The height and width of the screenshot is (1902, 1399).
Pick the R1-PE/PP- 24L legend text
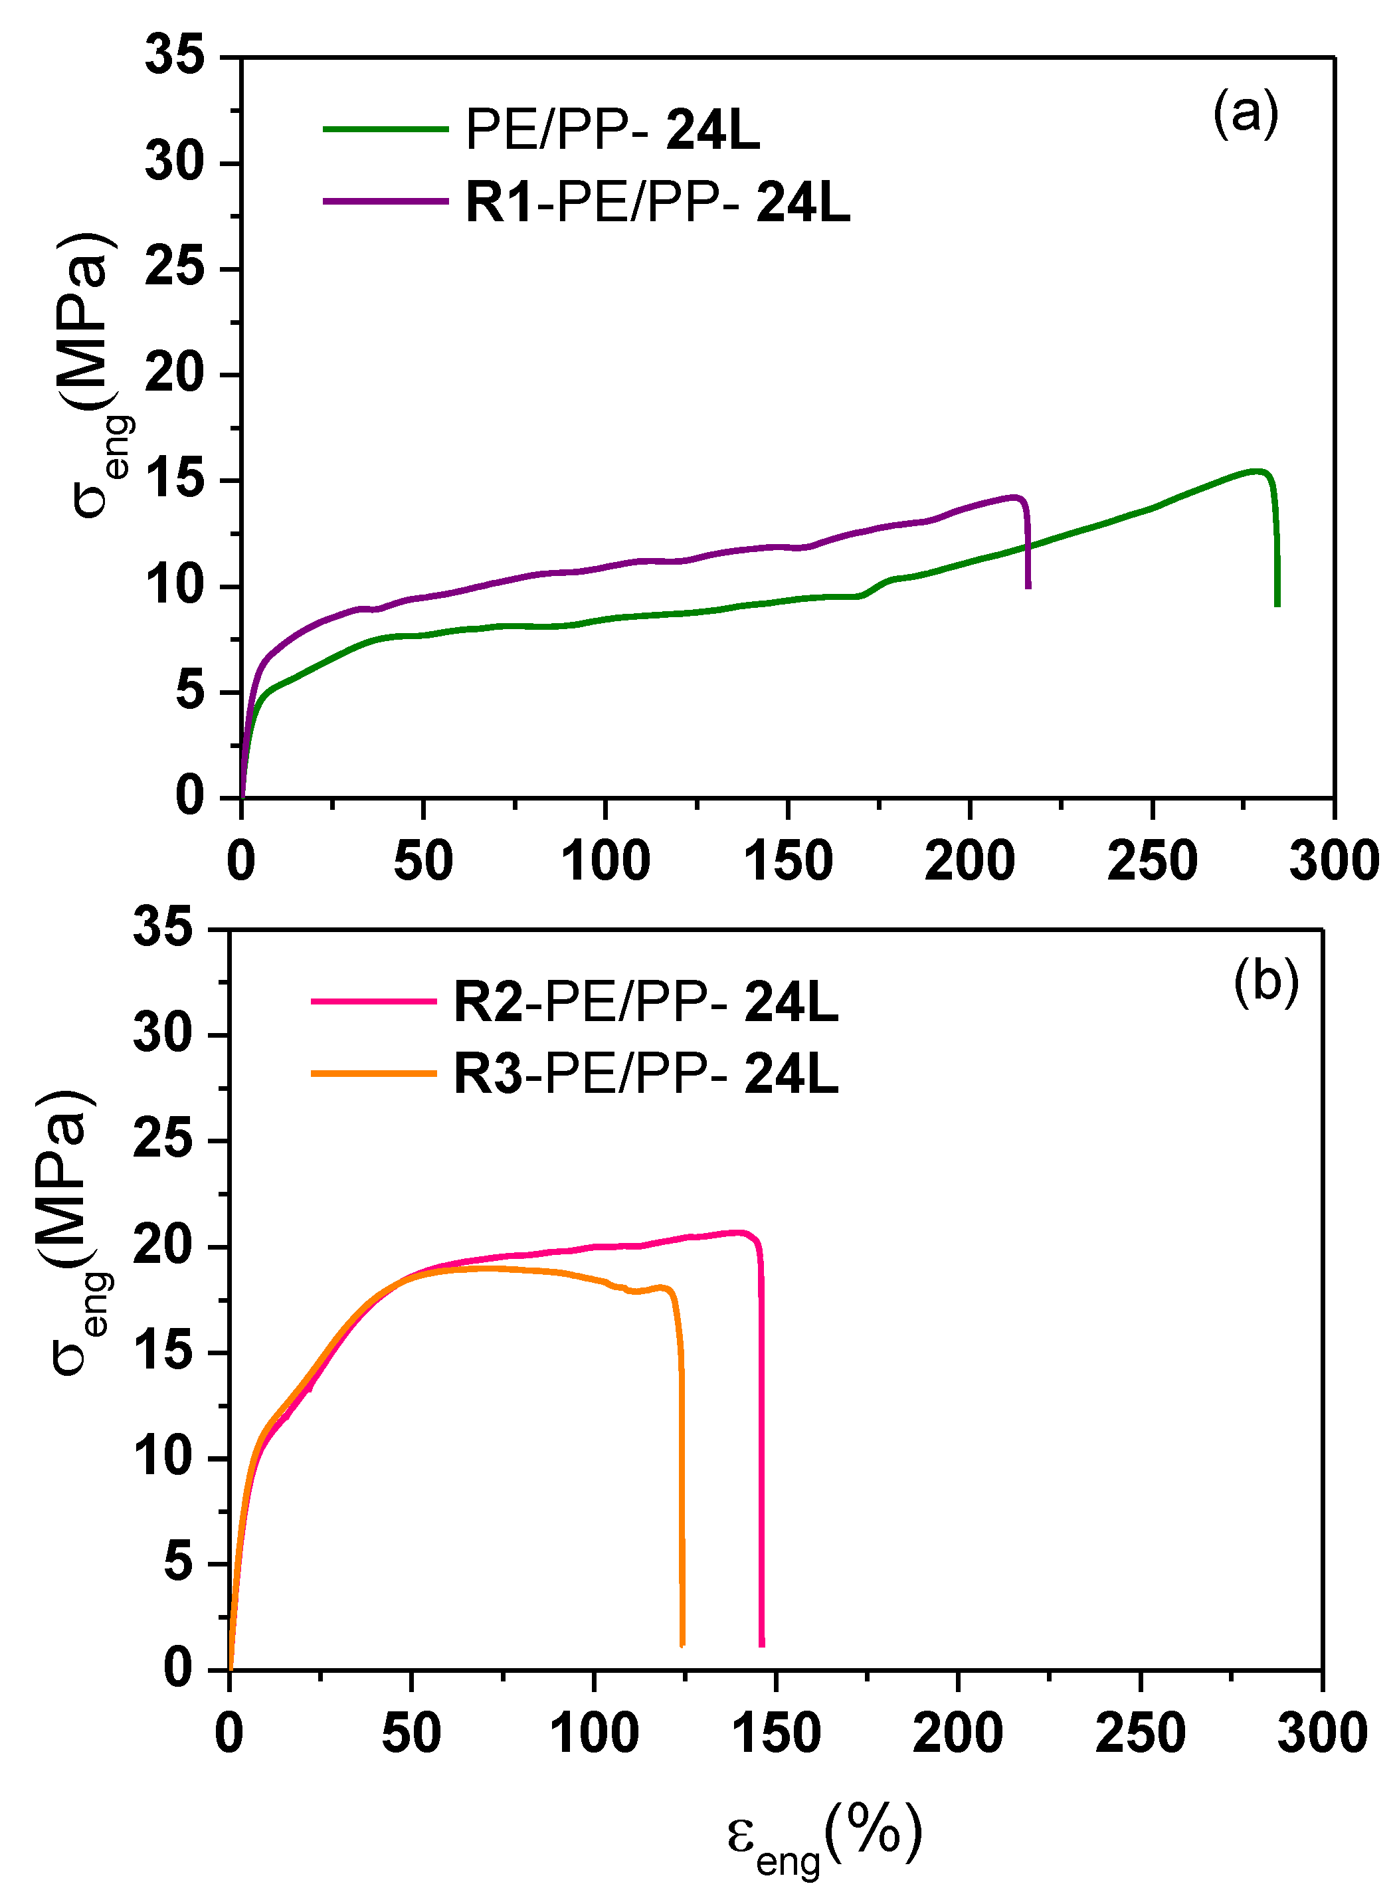point(657,203)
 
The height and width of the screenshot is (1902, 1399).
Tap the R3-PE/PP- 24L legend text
point(645,1075)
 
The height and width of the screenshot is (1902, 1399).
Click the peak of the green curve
point(1258,471)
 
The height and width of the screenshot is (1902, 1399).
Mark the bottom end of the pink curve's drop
point(762,1644)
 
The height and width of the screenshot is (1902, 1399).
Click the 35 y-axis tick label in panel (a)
point(175,56)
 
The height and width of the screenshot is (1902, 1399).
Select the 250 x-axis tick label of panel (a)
point(1152,861)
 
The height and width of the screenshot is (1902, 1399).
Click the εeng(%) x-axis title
point(823,1838)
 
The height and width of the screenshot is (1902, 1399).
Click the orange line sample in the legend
point(373,1074)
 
